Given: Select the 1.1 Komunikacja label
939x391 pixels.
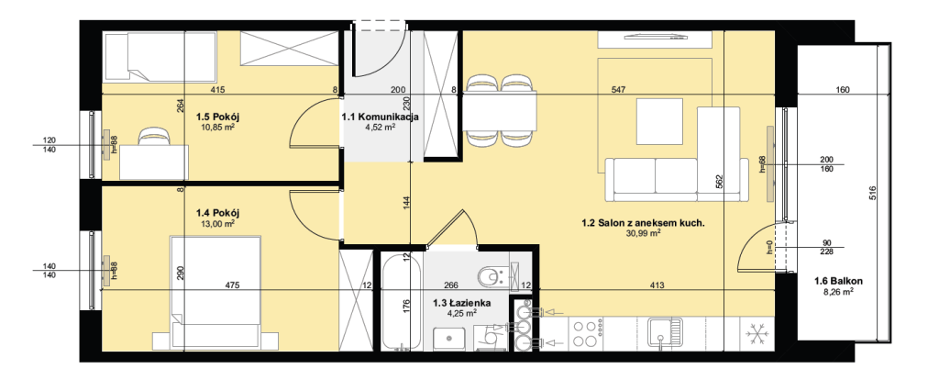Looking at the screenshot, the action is point(380,117).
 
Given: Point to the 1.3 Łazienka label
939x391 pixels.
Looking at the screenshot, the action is point(462,304).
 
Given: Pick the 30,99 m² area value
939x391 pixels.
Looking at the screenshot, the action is point(642,233).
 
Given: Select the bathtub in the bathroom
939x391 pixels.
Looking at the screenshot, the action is point(402,302).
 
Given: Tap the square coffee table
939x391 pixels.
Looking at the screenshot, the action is point(659,122).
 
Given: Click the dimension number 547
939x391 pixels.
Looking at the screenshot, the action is point(619,90).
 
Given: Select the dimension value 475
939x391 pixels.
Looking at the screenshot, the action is point(232,285).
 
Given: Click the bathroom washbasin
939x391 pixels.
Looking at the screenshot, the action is point(449,339).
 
